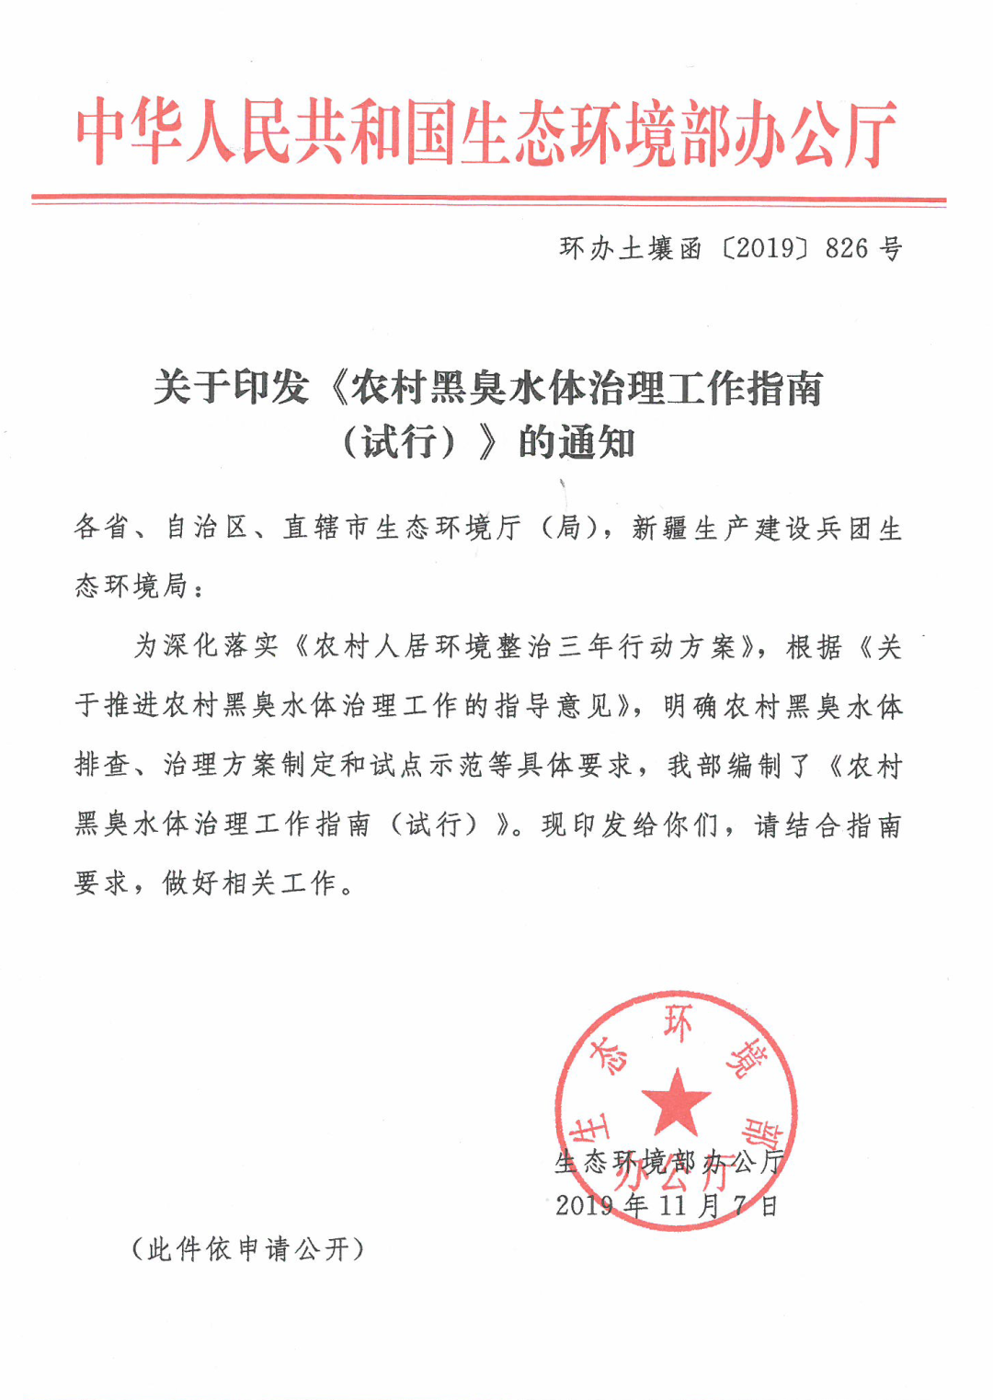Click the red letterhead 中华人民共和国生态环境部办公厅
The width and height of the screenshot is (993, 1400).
pos(486,134)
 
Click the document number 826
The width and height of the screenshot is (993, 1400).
pos(846,248)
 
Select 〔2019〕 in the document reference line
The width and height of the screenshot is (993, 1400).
pos(764,248)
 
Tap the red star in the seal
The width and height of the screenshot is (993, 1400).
pos(676,1102)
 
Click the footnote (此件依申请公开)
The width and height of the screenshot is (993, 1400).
pos(248,1248)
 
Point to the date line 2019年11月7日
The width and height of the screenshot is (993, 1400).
pos(668,1205)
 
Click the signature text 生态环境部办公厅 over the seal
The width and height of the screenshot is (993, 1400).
pos(669,1162)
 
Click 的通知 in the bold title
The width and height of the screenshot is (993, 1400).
pos(576,443)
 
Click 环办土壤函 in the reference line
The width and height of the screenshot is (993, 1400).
pos(631,248)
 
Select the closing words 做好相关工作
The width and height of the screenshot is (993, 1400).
pos(248,883)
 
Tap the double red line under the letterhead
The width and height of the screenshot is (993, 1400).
pos(488,199)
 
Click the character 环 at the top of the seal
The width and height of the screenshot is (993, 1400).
pos(678,1023)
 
